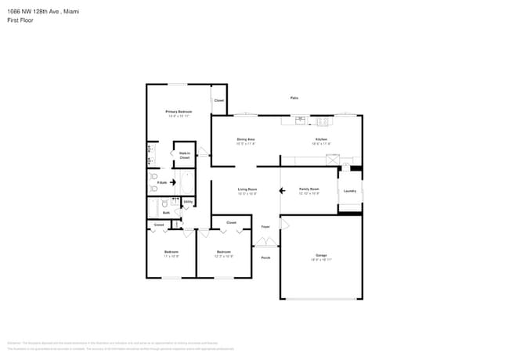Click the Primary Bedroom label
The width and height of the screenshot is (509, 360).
pos(179,112)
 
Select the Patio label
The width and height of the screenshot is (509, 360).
pos(294,98)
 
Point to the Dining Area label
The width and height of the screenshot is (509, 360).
pos(246,140)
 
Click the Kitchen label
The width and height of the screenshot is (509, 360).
pos(321,140)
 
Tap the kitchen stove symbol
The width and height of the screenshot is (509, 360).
pos(322,121)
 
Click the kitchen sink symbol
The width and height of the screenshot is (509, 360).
pos(300,121)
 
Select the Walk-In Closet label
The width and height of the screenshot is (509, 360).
pos(185,155)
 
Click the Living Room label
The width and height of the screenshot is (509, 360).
pos(248,189)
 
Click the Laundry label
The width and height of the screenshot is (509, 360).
pos(349,191)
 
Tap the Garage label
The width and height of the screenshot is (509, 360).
pos(321,256)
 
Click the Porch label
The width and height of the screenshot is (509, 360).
pos(265,257)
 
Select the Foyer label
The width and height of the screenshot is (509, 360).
pos(265,226)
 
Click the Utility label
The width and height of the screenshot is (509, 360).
pos(188,203)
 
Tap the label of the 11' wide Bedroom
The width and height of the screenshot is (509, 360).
pos(171,252)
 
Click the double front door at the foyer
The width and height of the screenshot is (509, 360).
pos(265,243)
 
